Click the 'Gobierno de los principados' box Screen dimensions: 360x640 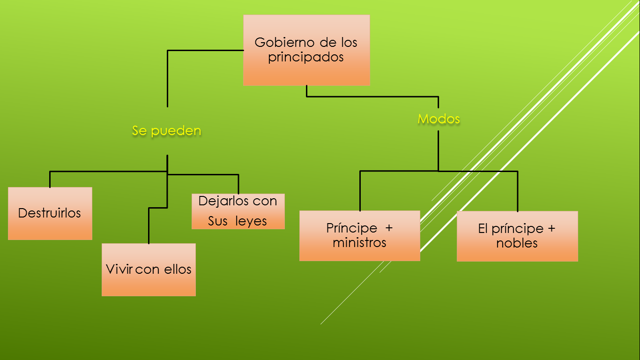click(x=306, y=50)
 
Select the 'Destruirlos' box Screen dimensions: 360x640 click(x=50, y=213)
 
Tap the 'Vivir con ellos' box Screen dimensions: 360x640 click(x=149, y=270)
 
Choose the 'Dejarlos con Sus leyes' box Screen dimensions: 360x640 click(x=238, y=211)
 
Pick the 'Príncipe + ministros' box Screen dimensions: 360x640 click(x=359, y=235)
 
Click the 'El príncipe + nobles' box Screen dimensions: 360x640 click(x=517, y=236)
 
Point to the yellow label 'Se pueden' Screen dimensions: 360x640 click(x=166, y=131)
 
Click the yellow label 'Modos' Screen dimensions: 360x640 click(x=439, y=119)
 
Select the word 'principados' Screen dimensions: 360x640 click(x=306, y=57)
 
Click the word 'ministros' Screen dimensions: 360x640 click(x=359, y=243)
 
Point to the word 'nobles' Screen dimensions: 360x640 click(x=517, y=243)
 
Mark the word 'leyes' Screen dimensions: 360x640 click(x=251, y=221)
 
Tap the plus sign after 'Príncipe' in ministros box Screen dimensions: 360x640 click(x=389, y=228)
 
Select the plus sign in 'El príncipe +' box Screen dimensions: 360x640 click(x=551, y=229)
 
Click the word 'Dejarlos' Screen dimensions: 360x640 click(x=218, y=201)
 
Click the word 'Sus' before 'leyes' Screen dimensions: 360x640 click(x=217, y=221)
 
